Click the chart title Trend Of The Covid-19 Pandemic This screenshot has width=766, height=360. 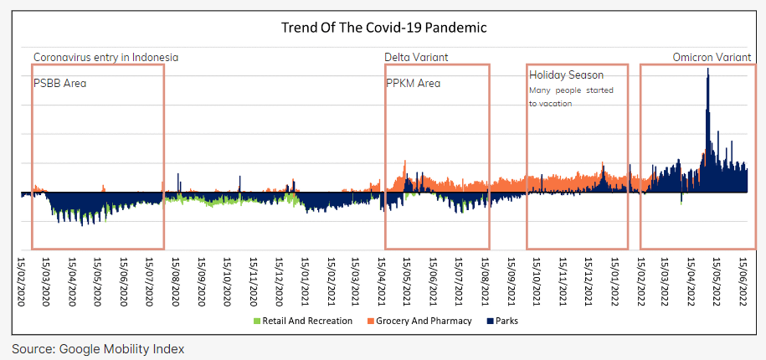pyautogui.click(x=383, y=28)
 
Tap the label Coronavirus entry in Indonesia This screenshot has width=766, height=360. pyautogui.click(x=105, y=57)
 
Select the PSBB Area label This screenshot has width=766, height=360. pyautogui.click(x=59, y=84)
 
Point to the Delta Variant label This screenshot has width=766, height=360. pyautogui.click(x=416, y=57)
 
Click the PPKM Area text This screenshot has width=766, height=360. pyautogui.click(x=413, y=84)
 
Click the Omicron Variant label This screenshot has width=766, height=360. pyautogui.click(x=711, y=57)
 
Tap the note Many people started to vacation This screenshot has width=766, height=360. pyautogui.click(x=571, y=96)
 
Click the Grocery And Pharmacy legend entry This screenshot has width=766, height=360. pyautogui.click(x=419, y=321)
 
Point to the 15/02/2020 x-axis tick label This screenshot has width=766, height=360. pyautogui.click(x=23, y=280)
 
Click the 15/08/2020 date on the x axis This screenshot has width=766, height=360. pyautogui.click(x=177, y=280)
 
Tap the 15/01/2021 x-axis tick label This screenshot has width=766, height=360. pyautogui.click(x=305, y=280)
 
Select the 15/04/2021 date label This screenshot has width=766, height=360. pyautogui.click(x=382, y=280)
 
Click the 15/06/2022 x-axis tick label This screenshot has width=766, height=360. pyautogui.click(x=742, y=280)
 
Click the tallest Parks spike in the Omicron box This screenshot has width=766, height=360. pyautogui.click(x=708, y=71)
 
